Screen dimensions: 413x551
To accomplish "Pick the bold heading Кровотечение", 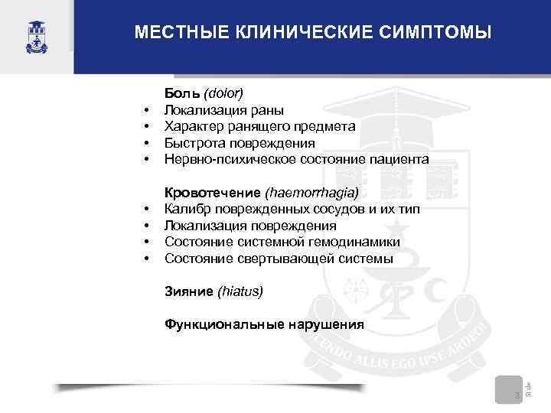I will (x=214, y=193).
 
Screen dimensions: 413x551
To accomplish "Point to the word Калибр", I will (x=187, y=210).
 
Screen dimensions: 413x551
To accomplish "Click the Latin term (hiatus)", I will (x=240, y=291).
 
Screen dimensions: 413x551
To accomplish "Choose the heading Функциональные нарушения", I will (x=264, y=324).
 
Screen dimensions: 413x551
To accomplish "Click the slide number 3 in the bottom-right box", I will (x=517, y=395).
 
